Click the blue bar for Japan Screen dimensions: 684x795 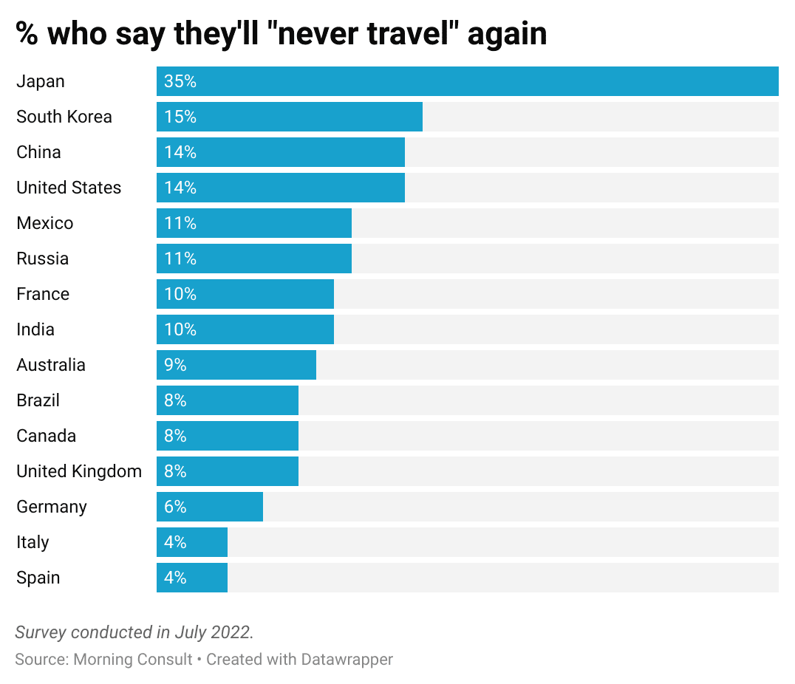tap(467, 81)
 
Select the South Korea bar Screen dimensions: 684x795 tap(290, 117)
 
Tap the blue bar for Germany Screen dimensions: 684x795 tap(210, 507)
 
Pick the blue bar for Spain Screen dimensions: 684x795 tap(192, 578)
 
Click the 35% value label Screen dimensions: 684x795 tap(180, 81)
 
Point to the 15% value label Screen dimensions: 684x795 tap(180, 117)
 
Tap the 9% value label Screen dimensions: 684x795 tap(176, 365)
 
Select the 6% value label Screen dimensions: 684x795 tap(176, 507)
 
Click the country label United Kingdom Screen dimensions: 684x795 tap(79, 471)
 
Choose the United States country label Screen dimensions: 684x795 tap(69, 188)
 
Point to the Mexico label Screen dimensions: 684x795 tap(45, 223)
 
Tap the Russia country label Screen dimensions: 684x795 tap(43, 259)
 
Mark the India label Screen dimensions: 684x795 tap(35, 329)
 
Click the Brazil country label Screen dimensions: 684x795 tap(38, 400)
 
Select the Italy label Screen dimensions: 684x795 tap(33, 542)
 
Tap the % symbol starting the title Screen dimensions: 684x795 tap(27, 34)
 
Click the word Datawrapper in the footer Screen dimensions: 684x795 tap(347, 659)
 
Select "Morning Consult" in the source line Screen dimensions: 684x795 tap(133, 659)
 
